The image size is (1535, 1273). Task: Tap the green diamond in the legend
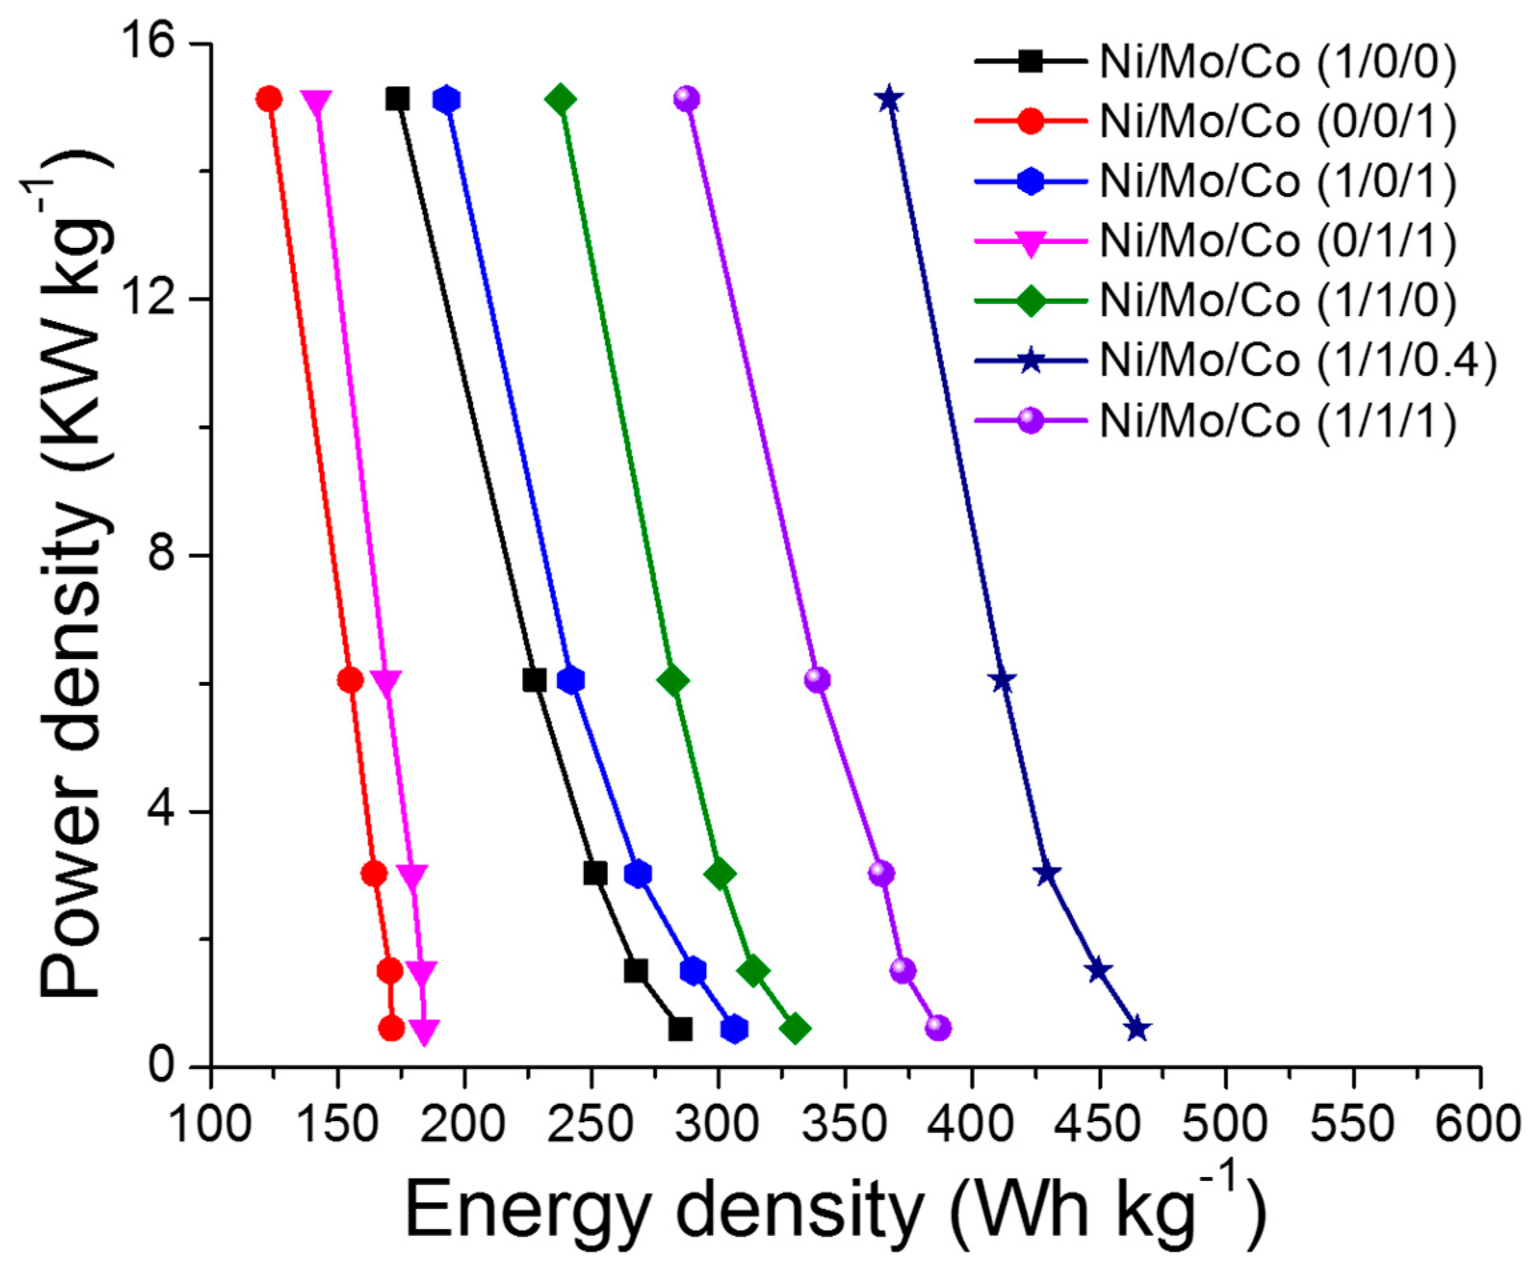coord(1030,301)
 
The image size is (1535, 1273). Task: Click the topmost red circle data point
coord(269,99)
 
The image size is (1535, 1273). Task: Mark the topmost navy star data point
coord(890,99)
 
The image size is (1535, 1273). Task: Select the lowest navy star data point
coord(1138,1029)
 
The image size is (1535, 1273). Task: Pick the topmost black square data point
coord(397,99)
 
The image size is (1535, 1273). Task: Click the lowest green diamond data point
coord(796,1029)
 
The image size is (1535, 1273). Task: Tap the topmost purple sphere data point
coord(686,99)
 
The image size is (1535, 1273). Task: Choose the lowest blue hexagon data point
coord(735,1029)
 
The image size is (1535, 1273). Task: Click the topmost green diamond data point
coord(561,99)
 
